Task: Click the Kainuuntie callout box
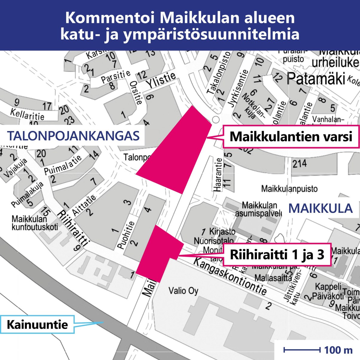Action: click(x=37, y=324)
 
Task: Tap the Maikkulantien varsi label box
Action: click(x=291, y=136)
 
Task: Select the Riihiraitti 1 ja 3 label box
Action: click(x=277, y=255)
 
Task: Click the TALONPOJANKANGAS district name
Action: click(x=73, y=136)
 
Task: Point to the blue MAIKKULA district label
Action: click(x=320, y=208)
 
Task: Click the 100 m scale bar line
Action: click(x=301, y=350)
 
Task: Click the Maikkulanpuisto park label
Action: click(x=289, y=189)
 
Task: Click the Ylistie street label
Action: click(x=161, y=80)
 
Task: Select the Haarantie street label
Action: click(x=218, y=174)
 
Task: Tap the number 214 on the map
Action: click(x=299, y=164)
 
